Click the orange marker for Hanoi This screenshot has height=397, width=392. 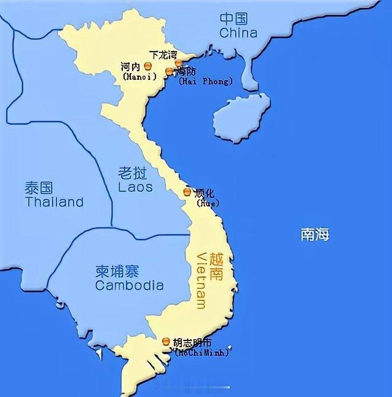click(x=147, y=66)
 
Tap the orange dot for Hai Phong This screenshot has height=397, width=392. click(x=170, y=72)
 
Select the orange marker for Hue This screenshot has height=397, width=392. click(x=187, y=192)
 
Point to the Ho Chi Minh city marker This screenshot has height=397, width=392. click(x=166, y=342)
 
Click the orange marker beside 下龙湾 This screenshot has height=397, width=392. click(x=178, y=63)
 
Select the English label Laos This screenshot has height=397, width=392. click(x=135, y=186)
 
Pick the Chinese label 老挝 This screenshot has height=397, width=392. click(x=135, y=172)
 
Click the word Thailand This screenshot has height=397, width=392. click(x=54, y=202)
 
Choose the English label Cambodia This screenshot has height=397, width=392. click(x=129, y=285)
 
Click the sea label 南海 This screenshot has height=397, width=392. click(x=315, y=234)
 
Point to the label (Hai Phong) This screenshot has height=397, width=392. click(x=205, y=82)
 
